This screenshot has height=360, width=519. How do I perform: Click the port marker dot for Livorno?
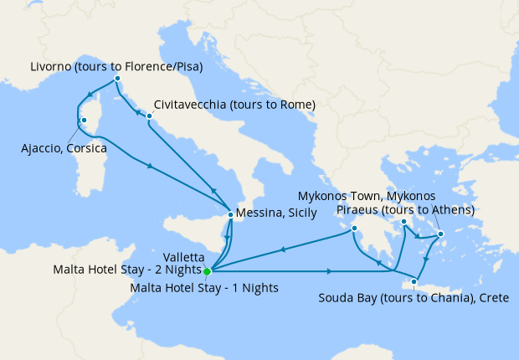tap(117, 79)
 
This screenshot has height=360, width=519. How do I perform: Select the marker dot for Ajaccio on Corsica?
tap(84, 121)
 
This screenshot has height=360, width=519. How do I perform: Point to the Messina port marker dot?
tap(230, 214)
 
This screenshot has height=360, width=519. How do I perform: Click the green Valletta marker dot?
tap(207, 270)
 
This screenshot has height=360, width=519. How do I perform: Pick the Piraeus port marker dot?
tap(403, 222)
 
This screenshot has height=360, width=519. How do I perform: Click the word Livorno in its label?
tap(51, 66)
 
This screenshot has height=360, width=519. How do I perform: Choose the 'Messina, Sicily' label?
tap(276, 213)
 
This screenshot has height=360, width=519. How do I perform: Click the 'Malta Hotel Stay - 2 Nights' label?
tap(126, 270)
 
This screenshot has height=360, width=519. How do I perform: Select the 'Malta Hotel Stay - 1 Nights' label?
tap(205, 287)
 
